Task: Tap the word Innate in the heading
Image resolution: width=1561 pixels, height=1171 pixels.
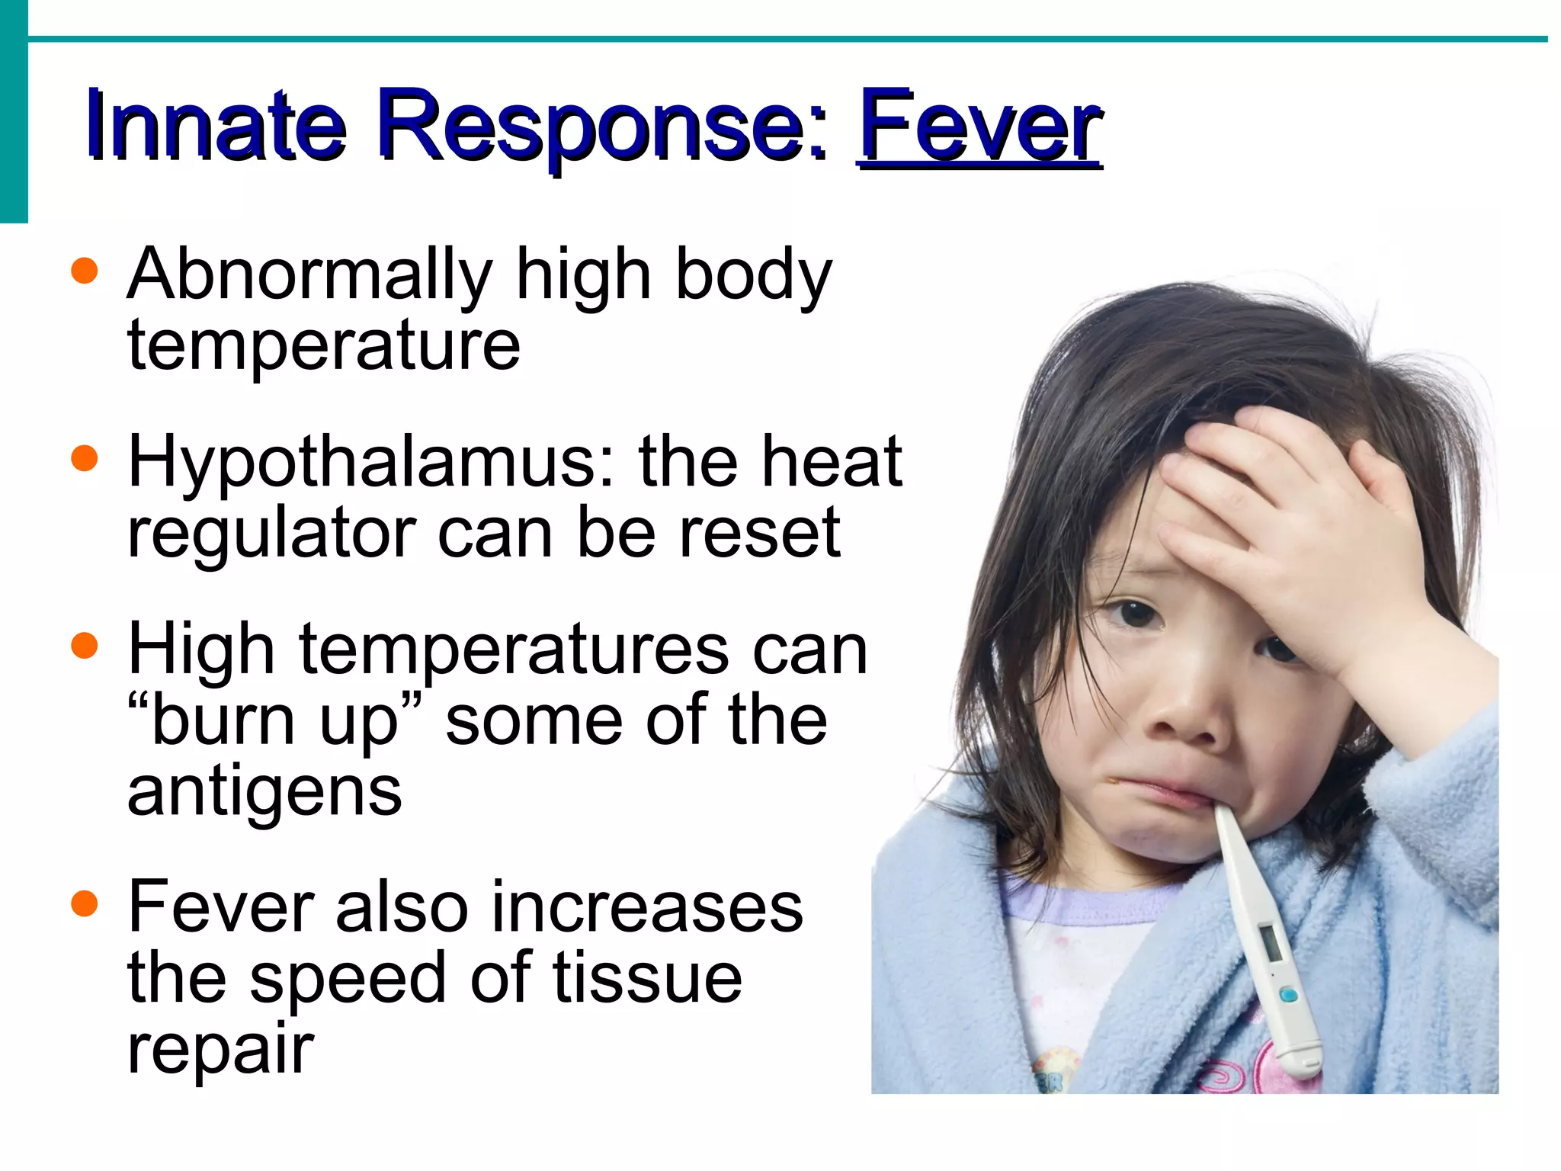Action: (x=216, y=126)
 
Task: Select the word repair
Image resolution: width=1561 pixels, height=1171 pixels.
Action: (x=221, y=1050)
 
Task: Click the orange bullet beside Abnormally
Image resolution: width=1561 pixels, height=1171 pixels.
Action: (x=85, y=271)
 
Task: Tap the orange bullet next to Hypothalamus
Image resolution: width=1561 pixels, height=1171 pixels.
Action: (x=85, y=458)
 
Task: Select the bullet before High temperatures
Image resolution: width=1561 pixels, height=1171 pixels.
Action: (x=85, y=645)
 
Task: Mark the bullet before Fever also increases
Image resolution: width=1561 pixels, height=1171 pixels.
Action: (x=85, y=904)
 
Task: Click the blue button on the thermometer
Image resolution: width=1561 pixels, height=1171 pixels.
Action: (x=1288, y=995)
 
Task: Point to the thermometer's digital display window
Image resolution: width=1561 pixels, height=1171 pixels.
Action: (x=1271, y=943)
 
